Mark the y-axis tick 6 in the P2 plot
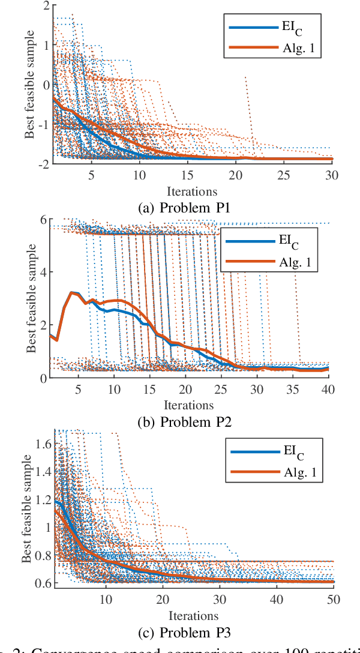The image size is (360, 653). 44,220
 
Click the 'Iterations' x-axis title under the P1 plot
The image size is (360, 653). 192,191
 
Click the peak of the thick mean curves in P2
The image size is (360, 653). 73,292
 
